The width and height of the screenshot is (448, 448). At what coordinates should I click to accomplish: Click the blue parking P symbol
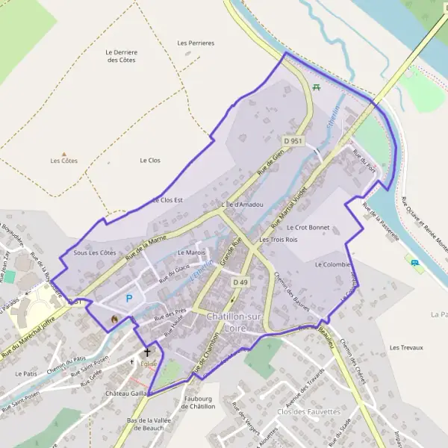coord(128,299)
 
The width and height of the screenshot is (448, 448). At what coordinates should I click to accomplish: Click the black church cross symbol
coord(147,351)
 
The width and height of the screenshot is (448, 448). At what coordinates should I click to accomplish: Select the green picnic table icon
coord(317,87)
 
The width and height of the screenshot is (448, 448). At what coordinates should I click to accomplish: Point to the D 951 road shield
coord(293,140)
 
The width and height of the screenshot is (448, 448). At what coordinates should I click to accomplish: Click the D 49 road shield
coord(240,282)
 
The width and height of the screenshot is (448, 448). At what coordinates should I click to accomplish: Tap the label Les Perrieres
coord(196,43)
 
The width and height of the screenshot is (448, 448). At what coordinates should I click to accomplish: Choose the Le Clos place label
coord(150,161)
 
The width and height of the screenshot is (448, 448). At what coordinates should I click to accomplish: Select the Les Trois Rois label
coord(278,240)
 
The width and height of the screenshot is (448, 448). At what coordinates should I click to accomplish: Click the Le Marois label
coord(192,253)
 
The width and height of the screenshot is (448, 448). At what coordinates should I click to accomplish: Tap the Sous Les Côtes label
coord(95,253)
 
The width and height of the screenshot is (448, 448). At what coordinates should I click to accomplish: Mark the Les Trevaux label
coord(406,348)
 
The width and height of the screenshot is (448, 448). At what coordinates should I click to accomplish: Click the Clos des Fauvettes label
coord(308,411)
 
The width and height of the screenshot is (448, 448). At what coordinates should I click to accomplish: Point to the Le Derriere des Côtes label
coord(122,55)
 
